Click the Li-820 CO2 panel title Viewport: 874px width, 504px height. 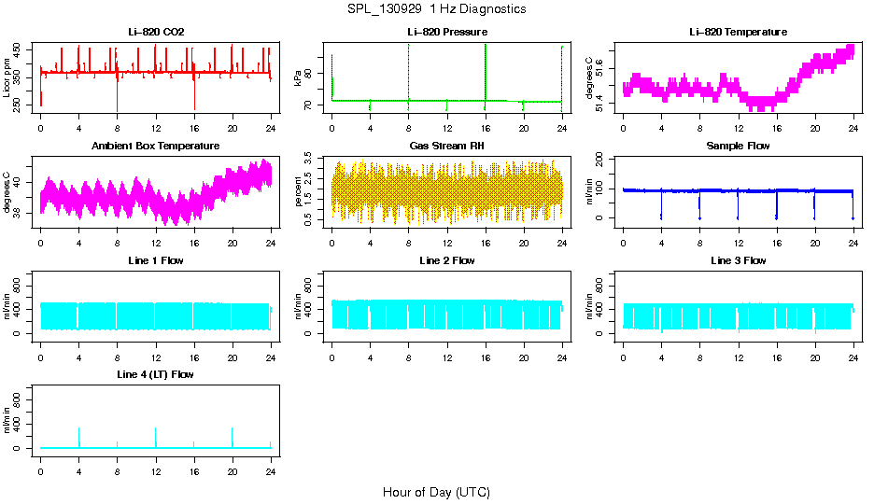click(x=156, y=32)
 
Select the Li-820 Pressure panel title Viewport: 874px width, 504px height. click(x=446, y=32)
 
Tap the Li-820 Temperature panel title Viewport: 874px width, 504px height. click(x=738, y=32)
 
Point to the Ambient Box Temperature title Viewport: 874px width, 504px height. click(x=156, y=146)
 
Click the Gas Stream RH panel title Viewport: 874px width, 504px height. click(x=446, y=146)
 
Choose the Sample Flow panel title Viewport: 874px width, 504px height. click(x=738, y=146)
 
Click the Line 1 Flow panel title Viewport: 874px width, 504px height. click(x=156, y=260)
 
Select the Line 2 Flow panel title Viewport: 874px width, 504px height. click(x=446, y=260)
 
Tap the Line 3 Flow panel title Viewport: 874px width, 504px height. click(x=738, y=260)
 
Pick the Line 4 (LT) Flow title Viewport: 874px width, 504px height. click(x=156, y=374)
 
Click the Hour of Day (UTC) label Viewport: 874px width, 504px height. click(x=436, y=492)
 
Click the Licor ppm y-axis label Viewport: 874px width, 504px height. click(x=7, y=77)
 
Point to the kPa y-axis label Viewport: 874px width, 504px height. click(x=299, y=78)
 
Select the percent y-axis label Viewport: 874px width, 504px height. click(x=299, y=192)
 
